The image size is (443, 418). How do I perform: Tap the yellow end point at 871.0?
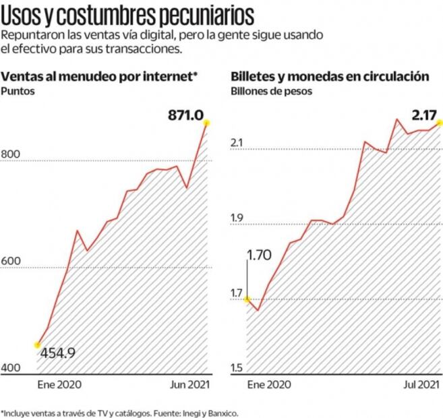208,123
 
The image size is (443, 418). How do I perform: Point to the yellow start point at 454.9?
37,345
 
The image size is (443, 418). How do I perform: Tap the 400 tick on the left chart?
11,368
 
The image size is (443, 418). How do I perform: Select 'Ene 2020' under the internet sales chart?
59,384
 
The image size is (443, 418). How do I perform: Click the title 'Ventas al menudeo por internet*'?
100,76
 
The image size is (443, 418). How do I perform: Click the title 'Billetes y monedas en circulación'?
330,76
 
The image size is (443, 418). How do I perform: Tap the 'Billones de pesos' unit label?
271,90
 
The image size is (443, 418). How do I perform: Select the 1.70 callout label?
260,256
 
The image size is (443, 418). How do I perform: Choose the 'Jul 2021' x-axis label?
419,384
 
